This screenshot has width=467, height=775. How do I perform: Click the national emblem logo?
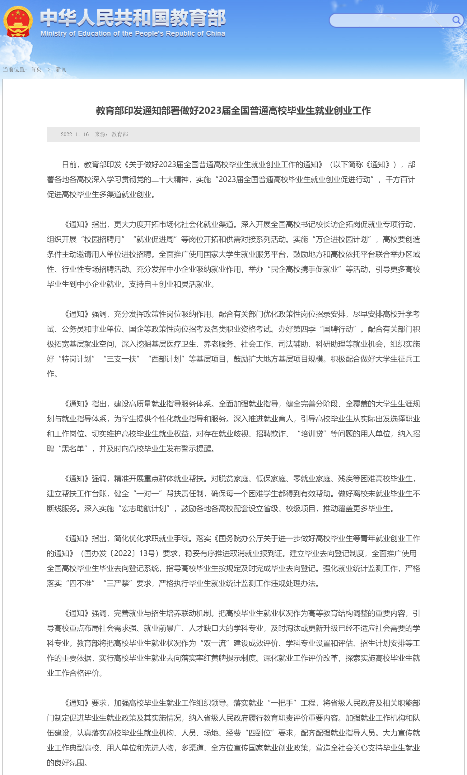(18, 22)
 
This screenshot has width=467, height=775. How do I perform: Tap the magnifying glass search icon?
(456, 21)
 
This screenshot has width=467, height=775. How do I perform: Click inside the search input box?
(390, 21)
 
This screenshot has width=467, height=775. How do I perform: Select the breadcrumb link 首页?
(36, 69)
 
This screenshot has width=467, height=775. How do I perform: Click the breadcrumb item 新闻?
(61, 69)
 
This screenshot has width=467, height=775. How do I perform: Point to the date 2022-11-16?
(75, 135)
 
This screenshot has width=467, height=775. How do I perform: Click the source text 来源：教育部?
(111, 135)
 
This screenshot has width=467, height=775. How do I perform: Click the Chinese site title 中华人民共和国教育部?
(133, 18)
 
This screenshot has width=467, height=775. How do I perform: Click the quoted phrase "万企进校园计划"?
(341, 240)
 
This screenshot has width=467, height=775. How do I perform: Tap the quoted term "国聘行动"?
(339, 329)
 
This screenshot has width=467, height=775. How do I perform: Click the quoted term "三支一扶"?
(121, 359)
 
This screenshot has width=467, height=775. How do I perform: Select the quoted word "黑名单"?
(73, 449)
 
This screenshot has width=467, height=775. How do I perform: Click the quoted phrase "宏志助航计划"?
(143, 509)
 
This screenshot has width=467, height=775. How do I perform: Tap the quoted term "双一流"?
(215, 643)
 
